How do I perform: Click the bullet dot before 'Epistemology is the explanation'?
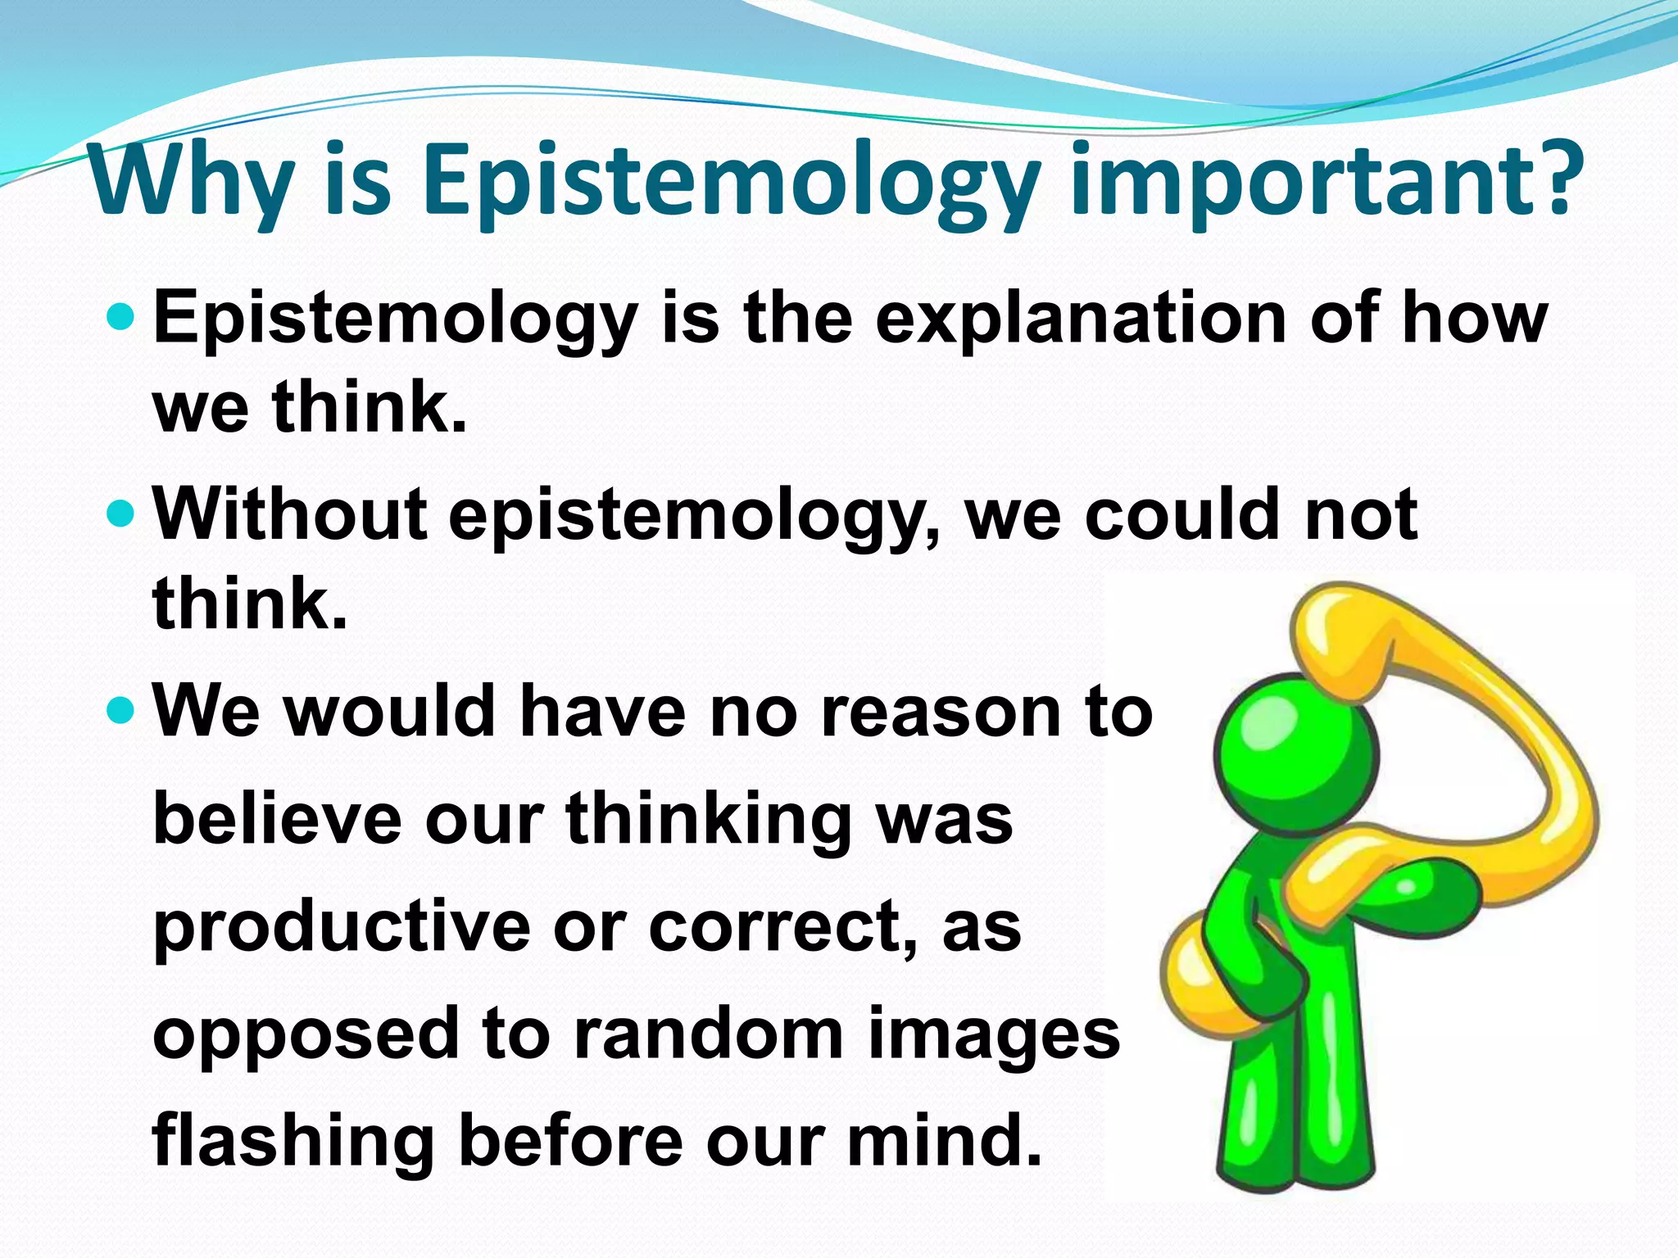[120, 315]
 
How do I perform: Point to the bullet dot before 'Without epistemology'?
[120, 514]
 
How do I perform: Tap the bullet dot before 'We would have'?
[120, 709]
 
